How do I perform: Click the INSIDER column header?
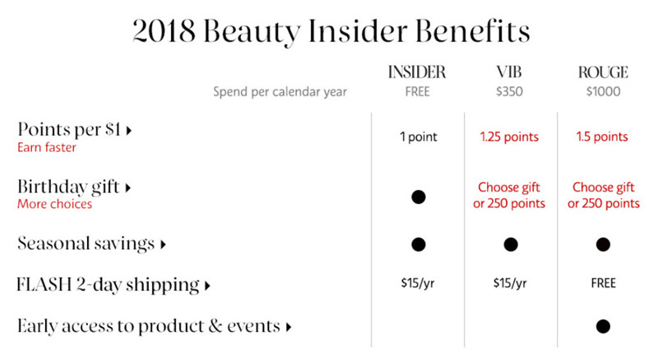[x=417, y=72]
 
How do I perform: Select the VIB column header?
[x=509, y=72]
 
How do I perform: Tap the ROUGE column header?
[x=603, y=72]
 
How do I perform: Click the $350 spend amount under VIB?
[x=509, y=91]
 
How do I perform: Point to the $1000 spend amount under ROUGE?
[x=603, y=91]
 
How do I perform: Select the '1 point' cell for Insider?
[x=419, y=136]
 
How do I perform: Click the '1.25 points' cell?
[x=509, y=136]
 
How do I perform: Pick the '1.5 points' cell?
[x=602, y=136]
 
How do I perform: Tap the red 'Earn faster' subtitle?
[x=47, y=147]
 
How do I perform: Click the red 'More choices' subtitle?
[x=54, y=204]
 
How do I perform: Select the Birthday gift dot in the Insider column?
[x=419, y=196]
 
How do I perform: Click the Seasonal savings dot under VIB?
[x=511, y=244]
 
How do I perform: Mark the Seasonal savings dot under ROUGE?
[x=603, y=244]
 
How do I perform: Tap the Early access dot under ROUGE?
[x=603, y=326]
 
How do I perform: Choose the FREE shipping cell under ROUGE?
[x=603, y=284]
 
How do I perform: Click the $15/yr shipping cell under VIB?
[x=510, y=284]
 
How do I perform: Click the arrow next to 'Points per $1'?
[x=129, y=131]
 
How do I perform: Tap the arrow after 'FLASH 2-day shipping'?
[x=207, y=286]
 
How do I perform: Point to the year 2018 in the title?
[x=164, y=30]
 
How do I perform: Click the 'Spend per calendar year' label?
[x=280, y=92]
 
